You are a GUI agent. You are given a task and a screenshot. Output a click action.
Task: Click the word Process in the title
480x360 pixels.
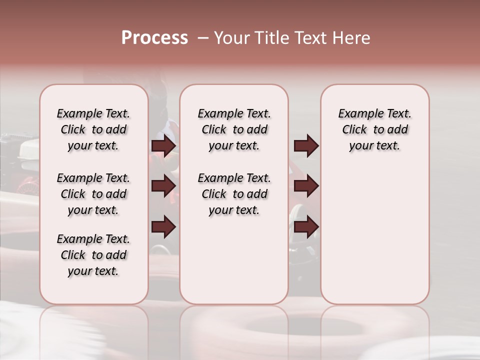click(x=154, y=38)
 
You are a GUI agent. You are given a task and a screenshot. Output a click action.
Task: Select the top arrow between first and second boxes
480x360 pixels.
click(x=163, y=146)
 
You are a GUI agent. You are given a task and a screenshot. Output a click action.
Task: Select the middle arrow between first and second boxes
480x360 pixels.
click(x=163, y=186)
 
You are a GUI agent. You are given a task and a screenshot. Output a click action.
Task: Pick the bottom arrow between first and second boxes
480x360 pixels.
click(x=163, y=227)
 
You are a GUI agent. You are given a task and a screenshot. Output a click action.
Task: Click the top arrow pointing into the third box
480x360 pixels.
click(x=306, y=146)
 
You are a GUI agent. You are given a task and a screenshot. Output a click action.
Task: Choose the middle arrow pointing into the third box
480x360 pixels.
click(x=306, y=186)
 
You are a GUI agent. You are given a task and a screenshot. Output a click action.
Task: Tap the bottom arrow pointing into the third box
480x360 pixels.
click(x=306, y=227)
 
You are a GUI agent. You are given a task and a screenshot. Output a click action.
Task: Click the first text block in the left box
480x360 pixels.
click(x=93, y=130)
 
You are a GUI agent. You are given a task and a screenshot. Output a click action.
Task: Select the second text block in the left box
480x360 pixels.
click(x=93, y=194)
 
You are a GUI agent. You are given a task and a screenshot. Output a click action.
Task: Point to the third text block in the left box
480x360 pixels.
click(x=93, y=255)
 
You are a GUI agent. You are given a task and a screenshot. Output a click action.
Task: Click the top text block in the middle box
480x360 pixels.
click(x=234, y=130)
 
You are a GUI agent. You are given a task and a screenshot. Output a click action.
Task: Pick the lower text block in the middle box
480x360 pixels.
click(x=234, y=194)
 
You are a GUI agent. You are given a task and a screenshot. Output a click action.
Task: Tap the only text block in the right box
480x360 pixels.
click(x=374, y=130)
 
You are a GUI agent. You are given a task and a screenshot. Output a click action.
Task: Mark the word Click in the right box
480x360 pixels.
click(x=354, y=130)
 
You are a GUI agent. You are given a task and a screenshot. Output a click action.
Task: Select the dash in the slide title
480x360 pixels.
click(x=203, y=38)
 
